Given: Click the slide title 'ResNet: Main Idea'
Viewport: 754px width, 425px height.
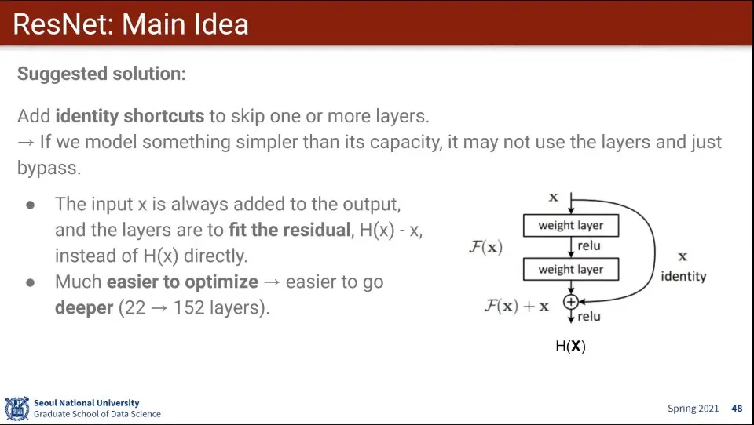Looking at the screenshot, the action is point(130,24).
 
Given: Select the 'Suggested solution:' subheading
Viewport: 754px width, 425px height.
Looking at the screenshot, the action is point(101,74).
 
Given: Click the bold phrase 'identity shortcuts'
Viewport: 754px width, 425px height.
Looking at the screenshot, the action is point(130,116).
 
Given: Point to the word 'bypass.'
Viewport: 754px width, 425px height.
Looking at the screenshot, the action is point(49,168).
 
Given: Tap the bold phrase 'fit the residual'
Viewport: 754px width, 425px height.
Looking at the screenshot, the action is point(290,230).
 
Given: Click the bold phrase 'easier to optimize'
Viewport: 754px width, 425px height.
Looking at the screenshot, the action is point(182,282).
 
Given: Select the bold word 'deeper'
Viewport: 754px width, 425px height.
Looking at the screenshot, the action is point(84,308).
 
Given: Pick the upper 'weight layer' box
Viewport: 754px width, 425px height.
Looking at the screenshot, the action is point(571,225).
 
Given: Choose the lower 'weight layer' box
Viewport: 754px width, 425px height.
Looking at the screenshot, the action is point(571,270).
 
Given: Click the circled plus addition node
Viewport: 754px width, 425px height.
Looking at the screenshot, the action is point(571,302).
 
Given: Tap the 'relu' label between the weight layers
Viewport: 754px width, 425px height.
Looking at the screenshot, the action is point(589,246).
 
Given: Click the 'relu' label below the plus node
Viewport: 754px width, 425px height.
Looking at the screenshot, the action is point(589,317).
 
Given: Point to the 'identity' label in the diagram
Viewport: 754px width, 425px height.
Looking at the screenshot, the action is point(683,276).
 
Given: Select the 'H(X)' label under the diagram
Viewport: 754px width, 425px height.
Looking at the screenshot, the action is point(571,347).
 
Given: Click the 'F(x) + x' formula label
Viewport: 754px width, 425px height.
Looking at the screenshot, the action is point(517,306).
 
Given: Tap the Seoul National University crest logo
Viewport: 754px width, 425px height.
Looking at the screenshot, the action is point(17,409).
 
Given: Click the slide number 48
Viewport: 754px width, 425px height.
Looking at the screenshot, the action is point(737,409).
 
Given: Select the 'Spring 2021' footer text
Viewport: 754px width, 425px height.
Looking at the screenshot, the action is point(693,409).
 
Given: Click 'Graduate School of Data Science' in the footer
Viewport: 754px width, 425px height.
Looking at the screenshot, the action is point(97,414).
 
